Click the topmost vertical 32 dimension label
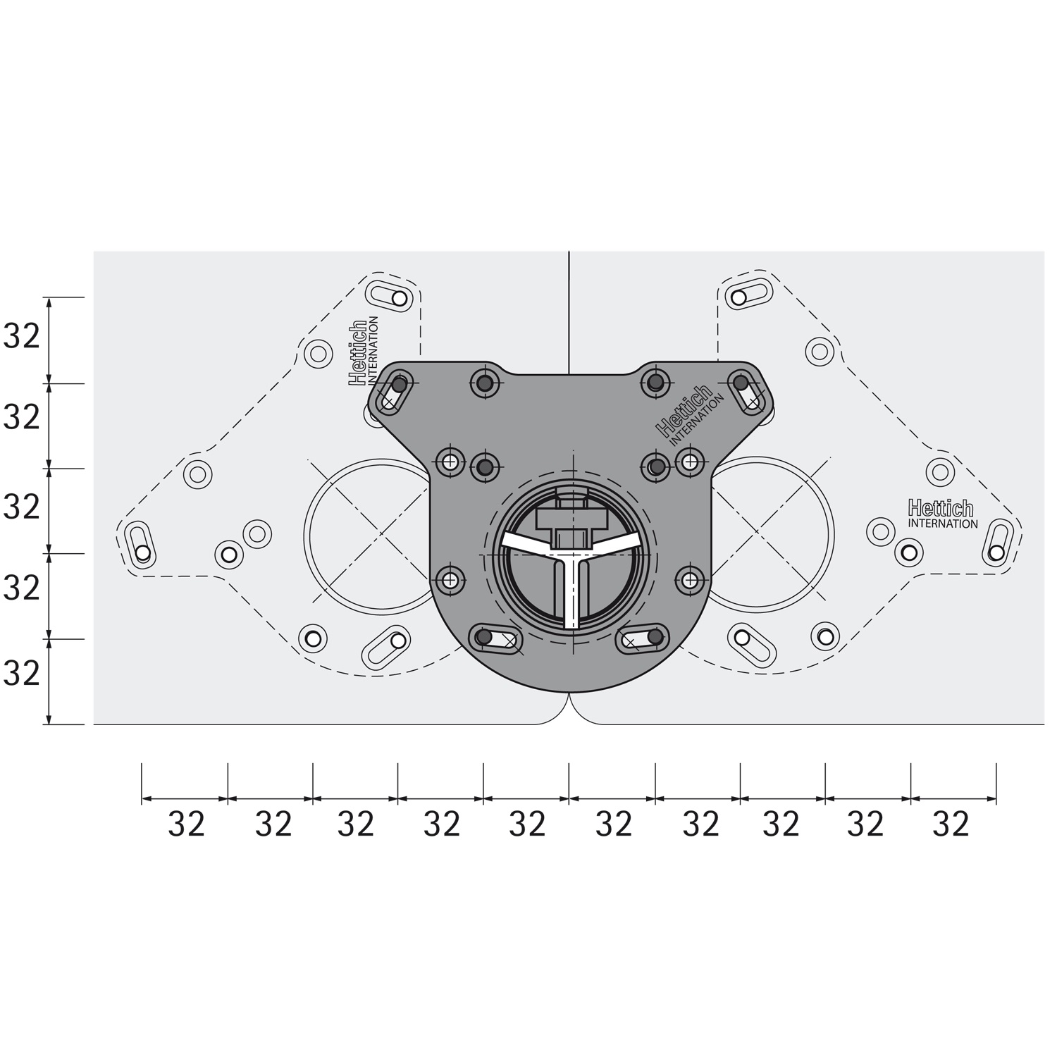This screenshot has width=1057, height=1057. point(22,338)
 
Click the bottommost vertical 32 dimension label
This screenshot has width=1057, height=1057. point(22,674)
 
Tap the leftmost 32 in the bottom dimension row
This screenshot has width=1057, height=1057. point(186,824)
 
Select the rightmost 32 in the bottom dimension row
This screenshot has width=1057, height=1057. point(951,824)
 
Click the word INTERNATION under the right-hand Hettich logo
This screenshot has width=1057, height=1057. point(943,524)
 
